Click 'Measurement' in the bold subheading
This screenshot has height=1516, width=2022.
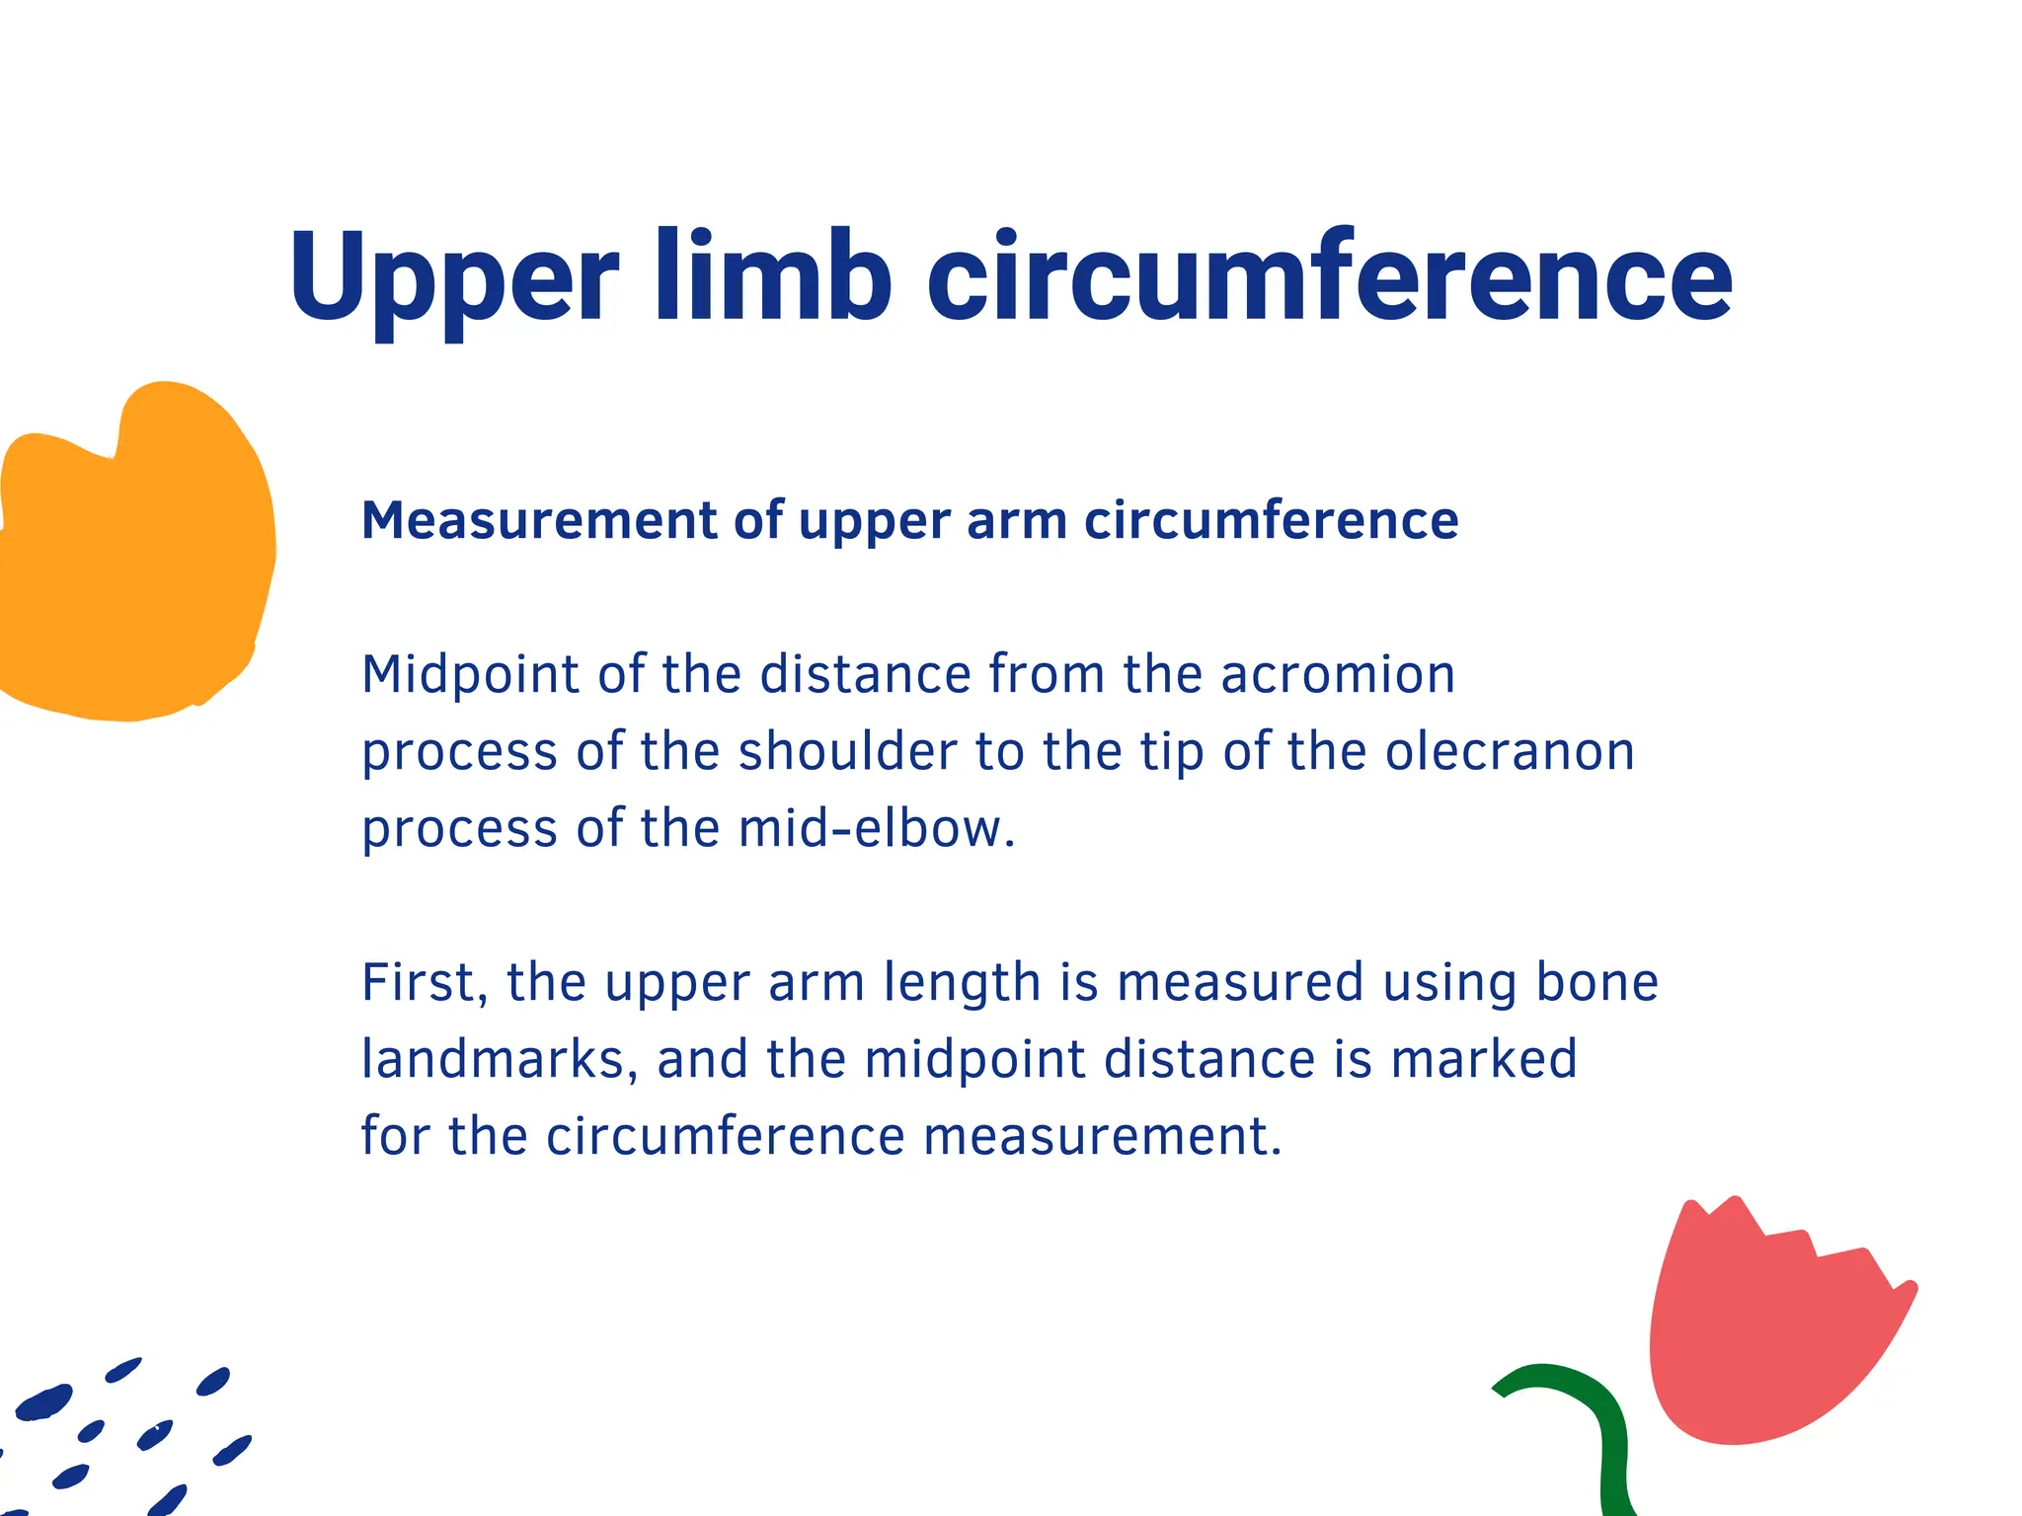538,520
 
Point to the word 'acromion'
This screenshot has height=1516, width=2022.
1338,675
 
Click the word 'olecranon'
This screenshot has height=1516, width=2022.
1510,752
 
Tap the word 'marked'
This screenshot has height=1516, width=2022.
1484,1060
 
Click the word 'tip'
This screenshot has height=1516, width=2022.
1172,752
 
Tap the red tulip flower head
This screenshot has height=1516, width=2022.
1767,1332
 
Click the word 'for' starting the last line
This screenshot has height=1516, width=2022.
396,1137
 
